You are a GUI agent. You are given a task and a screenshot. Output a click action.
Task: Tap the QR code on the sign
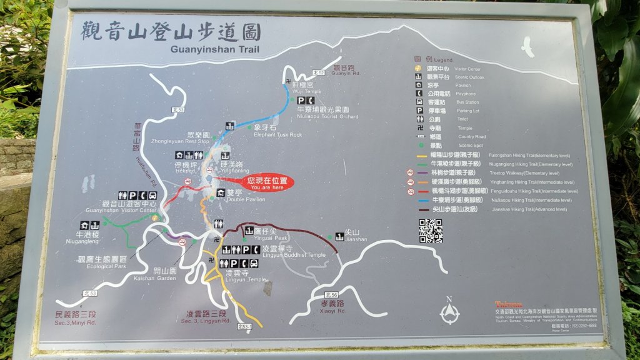pos(430,231)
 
